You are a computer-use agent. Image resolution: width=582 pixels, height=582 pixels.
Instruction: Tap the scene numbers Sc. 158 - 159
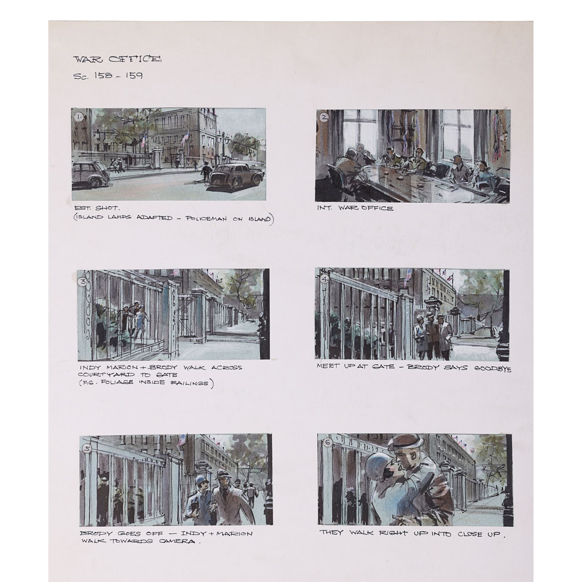coord(108,76)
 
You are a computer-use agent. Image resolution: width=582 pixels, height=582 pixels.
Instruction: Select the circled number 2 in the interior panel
coord(324,118)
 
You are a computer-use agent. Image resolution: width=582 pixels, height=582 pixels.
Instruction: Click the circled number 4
coord(324,280)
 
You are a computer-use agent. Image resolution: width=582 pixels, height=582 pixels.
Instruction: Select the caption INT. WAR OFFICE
coord(355,209)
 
